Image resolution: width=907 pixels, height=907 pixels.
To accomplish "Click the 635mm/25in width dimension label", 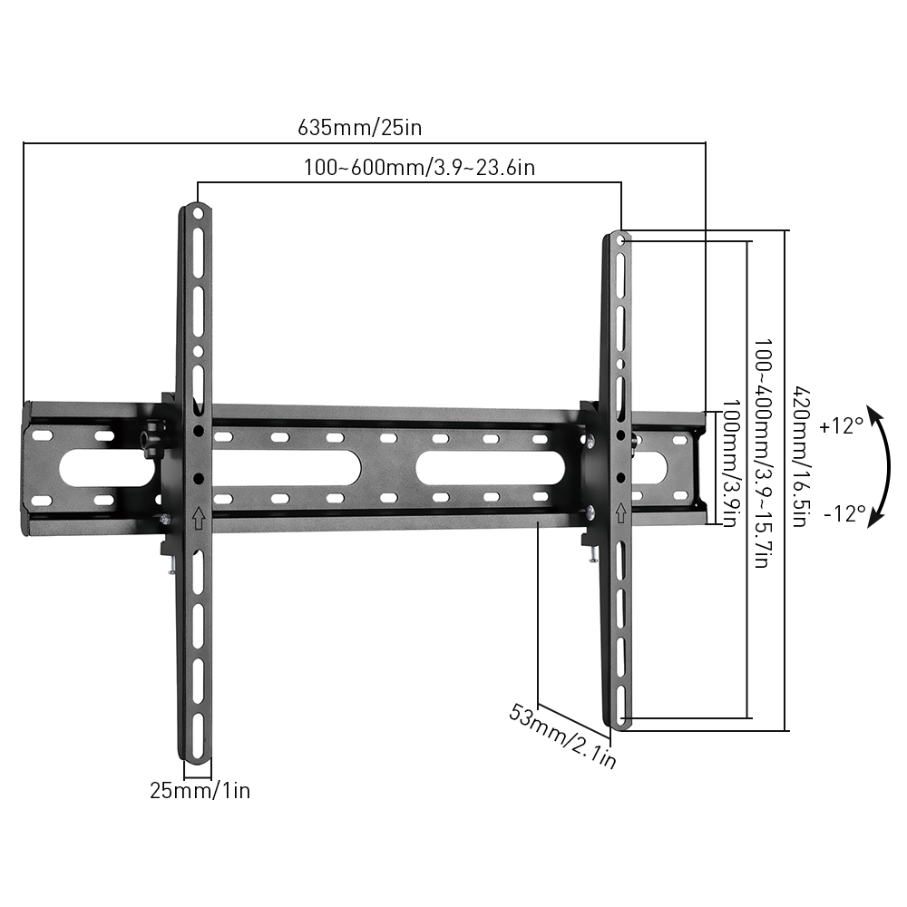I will pyautogui.click(x=360, y=127).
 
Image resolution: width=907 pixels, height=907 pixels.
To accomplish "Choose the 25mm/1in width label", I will pyautogui.click(x=200, y=790).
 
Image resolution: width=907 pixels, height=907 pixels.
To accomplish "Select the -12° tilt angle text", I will pyautogui.click(x=845, y=513).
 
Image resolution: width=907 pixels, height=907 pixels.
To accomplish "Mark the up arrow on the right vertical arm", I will pyautogui.click(x=620, y=513).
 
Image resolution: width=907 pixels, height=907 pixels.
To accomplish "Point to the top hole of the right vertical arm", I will pyautogui.click(x=620, y=241).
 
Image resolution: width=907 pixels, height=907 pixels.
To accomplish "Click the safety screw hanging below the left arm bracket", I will pyautogui.click(x=170, y=565).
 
